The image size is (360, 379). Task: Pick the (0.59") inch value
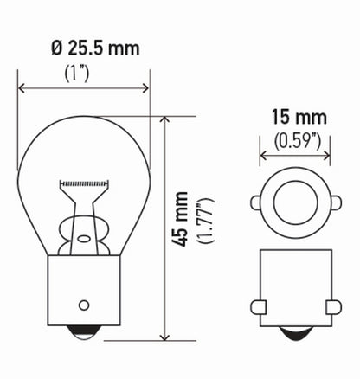[294, 139]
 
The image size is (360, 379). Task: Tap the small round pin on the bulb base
[84, 304]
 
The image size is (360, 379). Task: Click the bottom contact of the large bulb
[84, 333]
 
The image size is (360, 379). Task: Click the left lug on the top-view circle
[256, 202]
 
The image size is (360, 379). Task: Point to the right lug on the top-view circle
[333, 202]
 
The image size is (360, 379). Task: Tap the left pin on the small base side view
[256, 306]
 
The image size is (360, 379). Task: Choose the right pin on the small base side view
[333, 306]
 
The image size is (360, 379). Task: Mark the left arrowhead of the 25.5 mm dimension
[22, 87]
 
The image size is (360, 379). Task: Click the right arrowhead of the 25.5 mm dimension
[146, 87]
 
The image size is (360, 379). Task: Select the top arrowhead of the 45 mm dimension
[165, 120]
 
